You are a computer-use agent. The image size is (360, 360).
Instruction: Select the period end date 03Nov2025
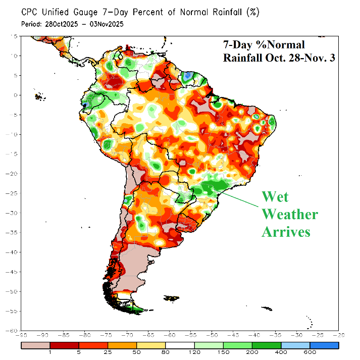pos(106,24)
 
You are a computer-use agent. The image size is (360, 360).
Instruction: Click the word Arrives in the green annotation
pos(285,232)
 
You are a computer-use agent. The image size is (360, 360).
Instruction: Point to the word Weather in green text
pos(289,215)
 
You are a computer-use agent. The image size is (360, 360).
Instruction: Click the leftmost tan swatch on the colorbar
pos(35,345)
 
